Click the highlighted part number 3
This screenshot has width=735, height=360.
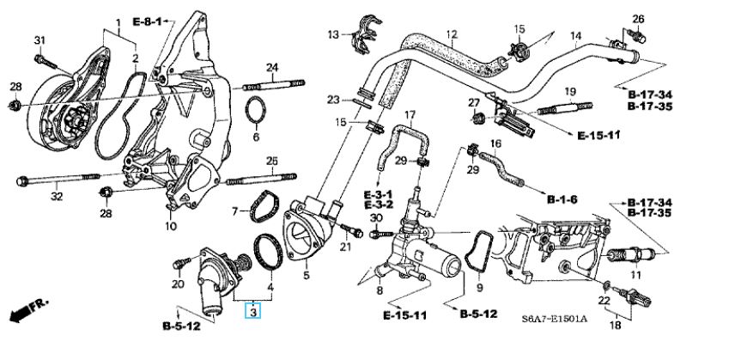click(252, 313)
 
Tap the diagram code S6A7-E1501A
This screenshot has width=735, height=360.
click(554, 319)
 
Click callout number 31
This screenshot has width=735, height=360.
click(39, 40)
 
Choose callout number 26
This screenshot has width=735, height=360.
click(638, 18)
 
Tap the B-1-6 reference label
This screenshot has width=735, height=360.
click(562, 199)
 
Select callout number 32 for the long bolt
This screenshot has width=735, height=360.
click(57, 197)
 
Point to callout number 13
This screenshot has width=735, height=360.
click(333, 34)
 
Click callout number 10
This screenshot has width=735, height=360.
click(171, 227)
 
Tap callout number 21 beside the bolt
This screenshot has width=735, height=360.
click(345, 247)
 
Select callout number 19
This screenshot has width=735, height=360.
click(568, 90)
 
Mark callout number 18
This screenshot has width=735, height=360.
click(616, 326)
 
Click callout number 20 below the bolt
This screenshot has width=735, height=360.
click(178, 284)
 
